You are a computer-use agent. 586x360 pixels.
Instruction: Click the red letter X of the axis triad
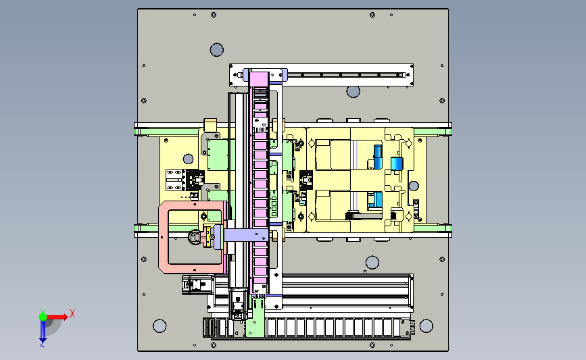[x=72, y=313]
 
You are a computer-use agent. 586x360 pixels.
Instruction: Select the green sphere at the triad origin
[x=43, y=317]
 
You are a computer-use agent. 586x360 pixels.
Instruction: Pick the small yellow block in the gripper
[x=207, y=237]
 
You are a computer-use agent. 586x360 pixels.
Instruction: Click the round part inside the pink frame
[x=195, y=237]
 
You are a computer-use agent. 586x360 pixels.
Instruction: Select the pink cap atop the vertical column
[x=259, y=79]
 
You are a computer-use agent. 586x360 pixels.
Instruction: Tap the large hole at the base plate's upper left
[x=217, y=50]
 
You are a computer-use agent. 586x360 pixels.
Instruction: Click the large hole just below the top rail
[x=353, y=91]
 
